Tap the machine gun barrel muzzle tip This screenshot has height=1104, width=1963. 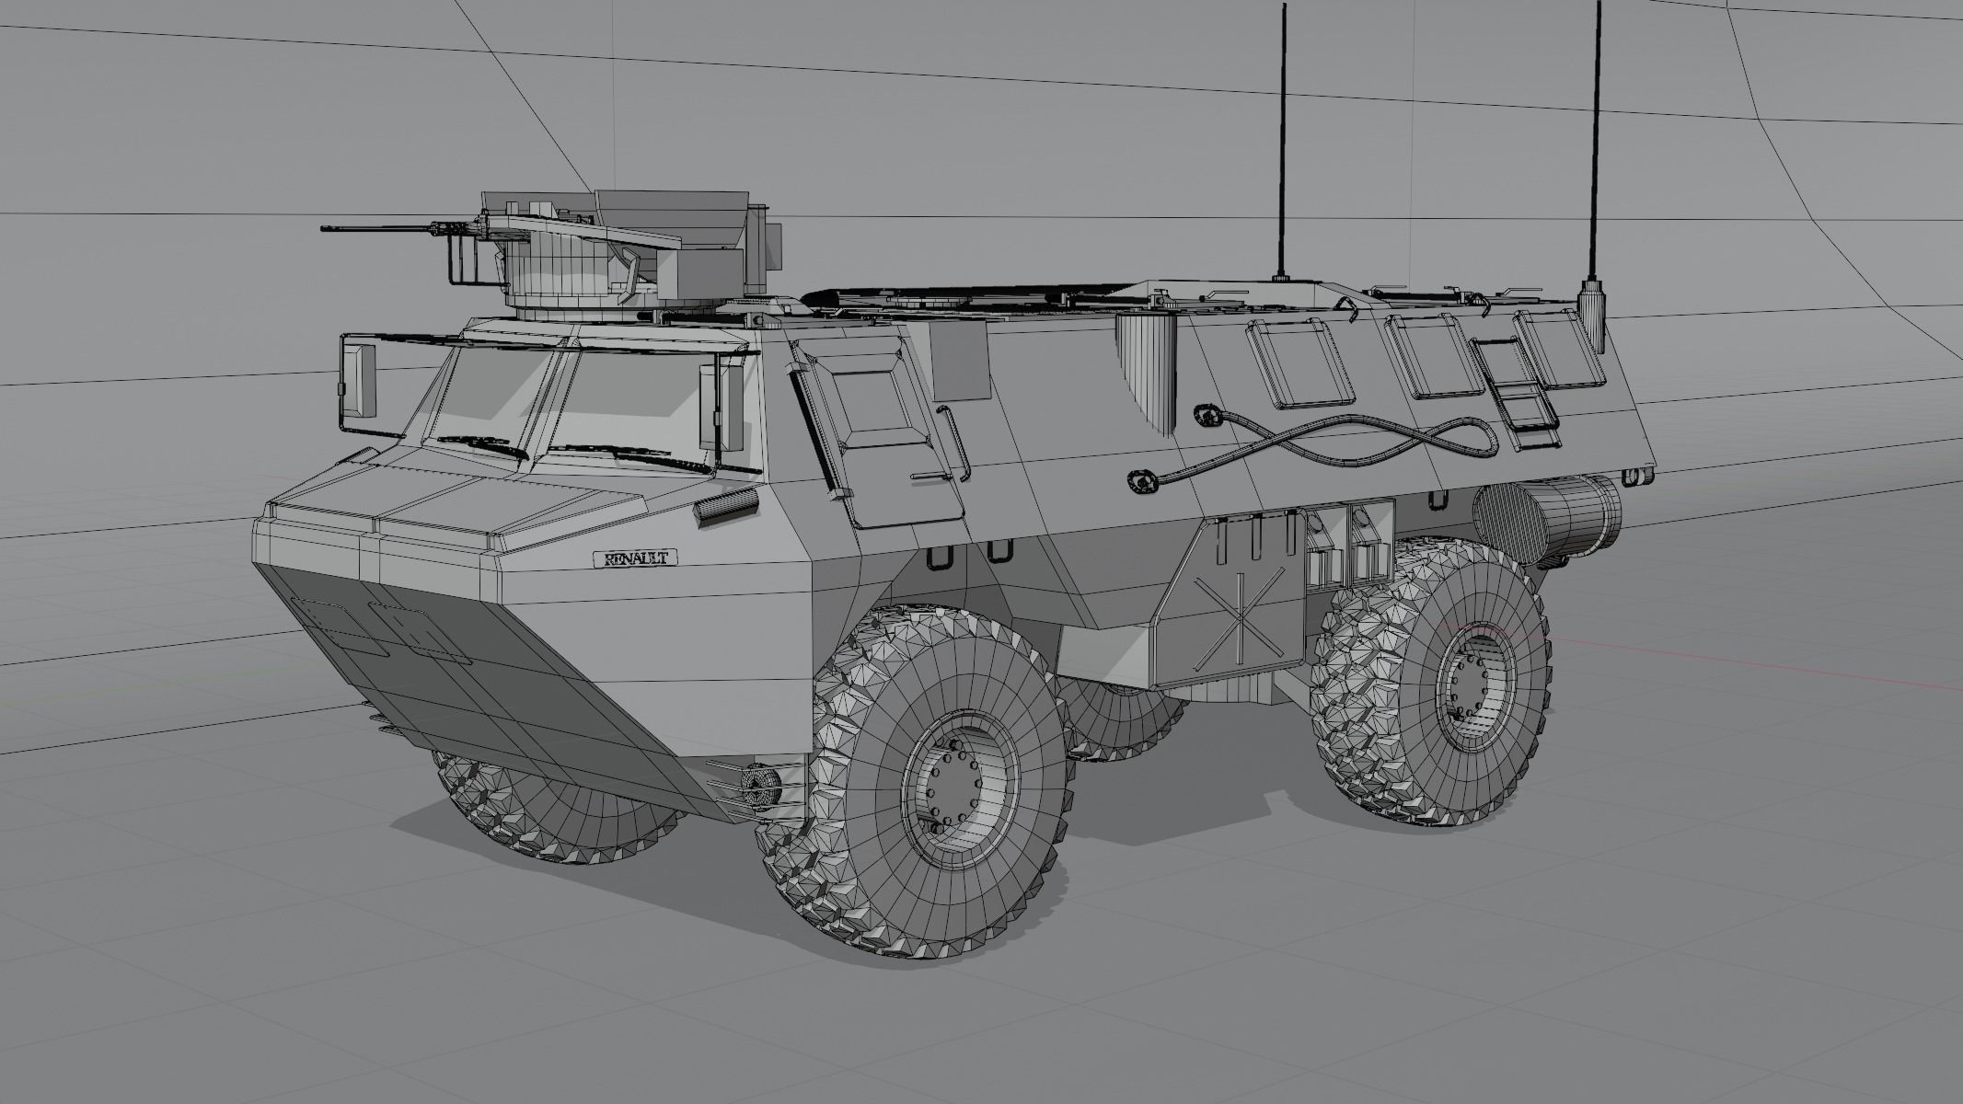325,228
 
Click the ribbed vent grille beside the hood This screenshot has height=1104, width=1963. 726,507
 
